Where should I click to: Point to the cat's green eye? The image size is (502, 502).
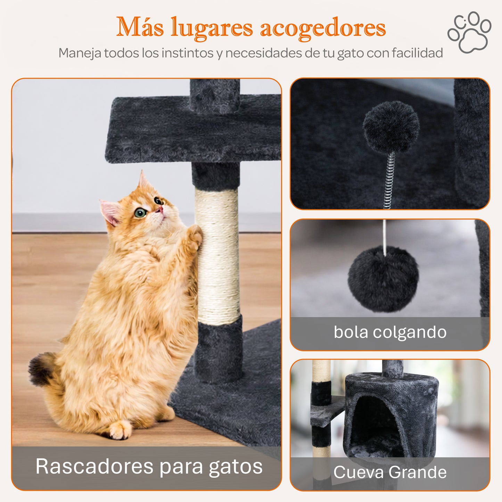coord(140,212)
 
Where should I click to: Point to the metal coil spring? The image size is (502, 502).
coord(390,181)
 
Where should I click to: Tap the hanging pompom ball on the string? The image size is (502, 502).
coord(384,278)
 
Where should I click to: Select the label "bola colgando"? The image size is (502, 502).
coord(390,332)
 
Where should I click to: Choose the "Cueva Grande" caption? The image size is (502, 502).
coord(390,472)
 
